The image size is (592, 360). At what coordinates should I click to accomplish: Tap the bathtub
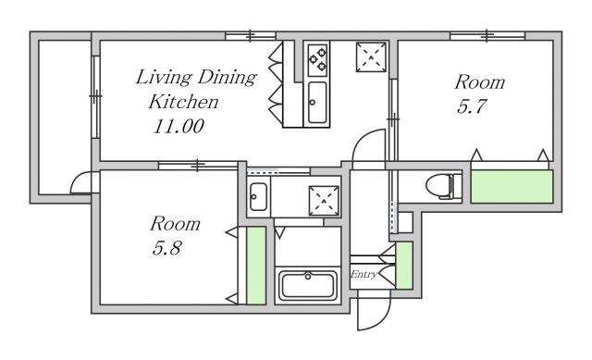[308, 285]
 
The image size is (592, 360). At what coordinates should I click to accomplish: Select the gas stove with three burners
[317, 59]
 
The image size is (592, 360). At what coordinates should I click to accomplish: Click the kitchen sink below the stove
[317, 103]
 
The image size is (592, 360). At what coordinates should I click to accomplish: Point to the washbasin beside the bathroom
[259, 197]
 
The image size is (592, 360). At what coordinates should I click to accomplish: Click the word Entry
[364, 274]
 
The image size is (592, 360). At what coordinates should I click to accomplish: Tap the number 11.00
[179, 126]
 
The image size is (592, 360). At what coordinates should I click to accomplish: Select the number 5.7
[471, 106]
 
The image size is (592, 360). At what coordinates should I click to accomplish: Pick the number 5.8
[167, 248]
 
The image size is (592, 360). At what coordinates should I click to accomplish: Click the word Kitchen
[183, 102]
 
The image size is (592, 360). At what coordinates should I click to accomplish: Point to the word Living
[164, 78]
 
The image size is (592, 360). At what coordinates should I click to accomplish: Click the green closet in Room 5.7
[512, 187]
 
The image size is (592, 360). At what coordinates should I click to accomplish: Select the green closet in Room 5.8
[256, 266]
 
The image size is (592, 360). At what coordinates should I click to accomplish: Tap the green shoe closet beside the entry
[404, 266]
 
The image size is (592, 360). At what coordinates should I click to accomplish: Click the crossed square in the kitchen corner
[371, 57]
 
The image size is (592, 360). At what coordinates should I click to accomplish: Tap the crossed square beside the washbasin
[324, 201]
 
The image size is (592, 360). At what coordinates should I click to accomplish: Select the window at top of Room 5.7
[487, 36]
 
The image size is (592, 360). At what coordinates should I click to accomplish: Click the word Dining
[228, 78]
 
